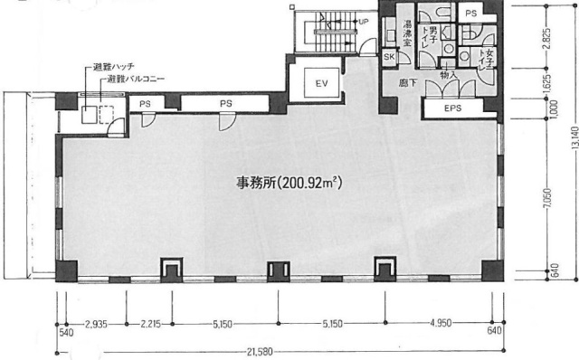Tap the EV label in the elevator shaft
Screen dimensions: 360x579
coord(320,83)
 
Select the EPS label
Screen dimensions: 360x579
coord(453,109)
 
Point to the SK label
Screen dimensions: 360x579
coord(390,57)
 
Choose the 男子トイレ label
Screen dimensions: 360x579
coord(434,40)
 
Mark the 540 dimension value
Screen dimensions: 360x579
coord(66,331)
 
